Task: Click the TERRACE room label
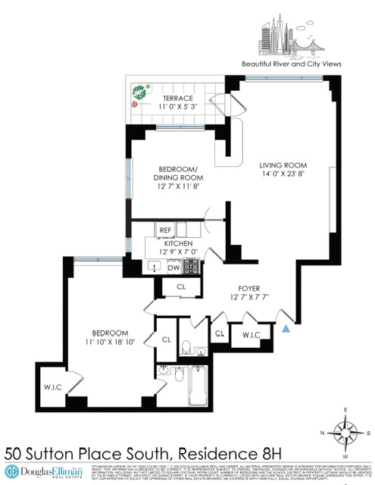click(176, 99)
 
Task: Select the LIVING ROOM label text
click(283, 165)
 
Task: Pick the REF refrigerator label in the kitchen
click(164, 230)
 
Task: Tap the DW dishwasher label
click(173, 268)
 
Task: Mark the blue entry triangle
click(286, 328)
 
